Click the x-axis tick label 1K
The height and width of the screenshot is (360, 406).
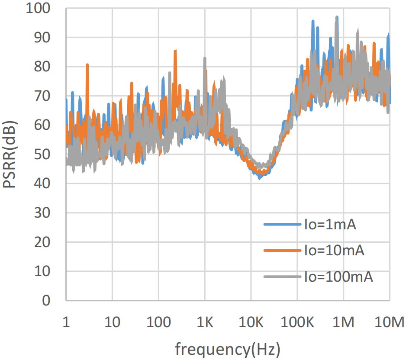click(205, 322)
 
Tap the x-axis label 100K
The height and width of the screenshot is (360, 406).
click(297, 322)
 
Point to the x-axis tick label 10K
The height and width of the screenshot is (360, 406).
click(251, 322)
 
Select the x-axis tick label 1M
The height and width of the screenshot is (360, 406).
click(343, 322)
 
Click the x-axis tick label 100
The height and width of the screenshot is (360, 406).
click(158, 322)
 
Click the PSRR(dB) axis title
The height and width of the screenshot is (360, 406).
click(10, 154)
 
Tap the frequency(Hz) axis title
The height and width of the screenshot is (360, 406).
click(227, 348)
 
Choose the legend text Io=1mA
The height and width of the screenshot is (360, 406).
click(329, 225)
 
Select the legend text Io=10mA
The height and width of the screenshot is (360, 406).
click(333, 251)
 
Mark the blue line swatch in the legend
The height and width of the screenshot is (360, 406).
click(282, 225)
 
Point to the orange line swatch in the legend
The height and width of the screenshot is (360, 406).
click(282, 251)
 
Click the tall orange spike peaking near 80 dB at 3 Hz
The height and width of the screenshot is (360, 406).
click(87, 66)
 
